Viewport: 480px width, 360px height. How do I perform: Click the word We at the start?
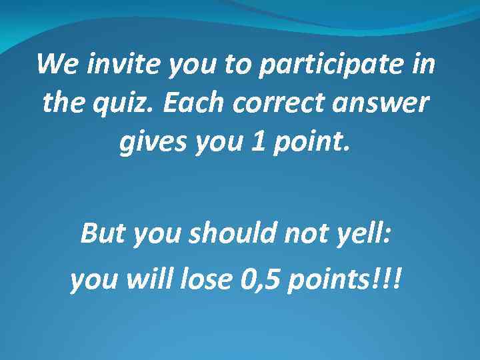(x=54, y=65)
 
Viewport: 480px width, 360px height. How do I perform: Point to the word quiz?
(x=120, y=105)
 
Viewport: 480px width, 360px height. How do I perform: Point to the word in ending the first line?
(x=424, y=65)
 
